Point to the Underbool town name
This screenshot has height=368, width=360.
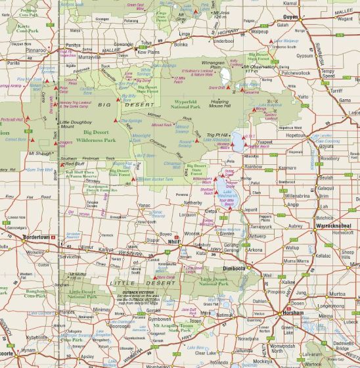(x=223, y=40)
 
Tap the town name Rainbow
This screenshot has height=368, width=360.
(x=253, y=167)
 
